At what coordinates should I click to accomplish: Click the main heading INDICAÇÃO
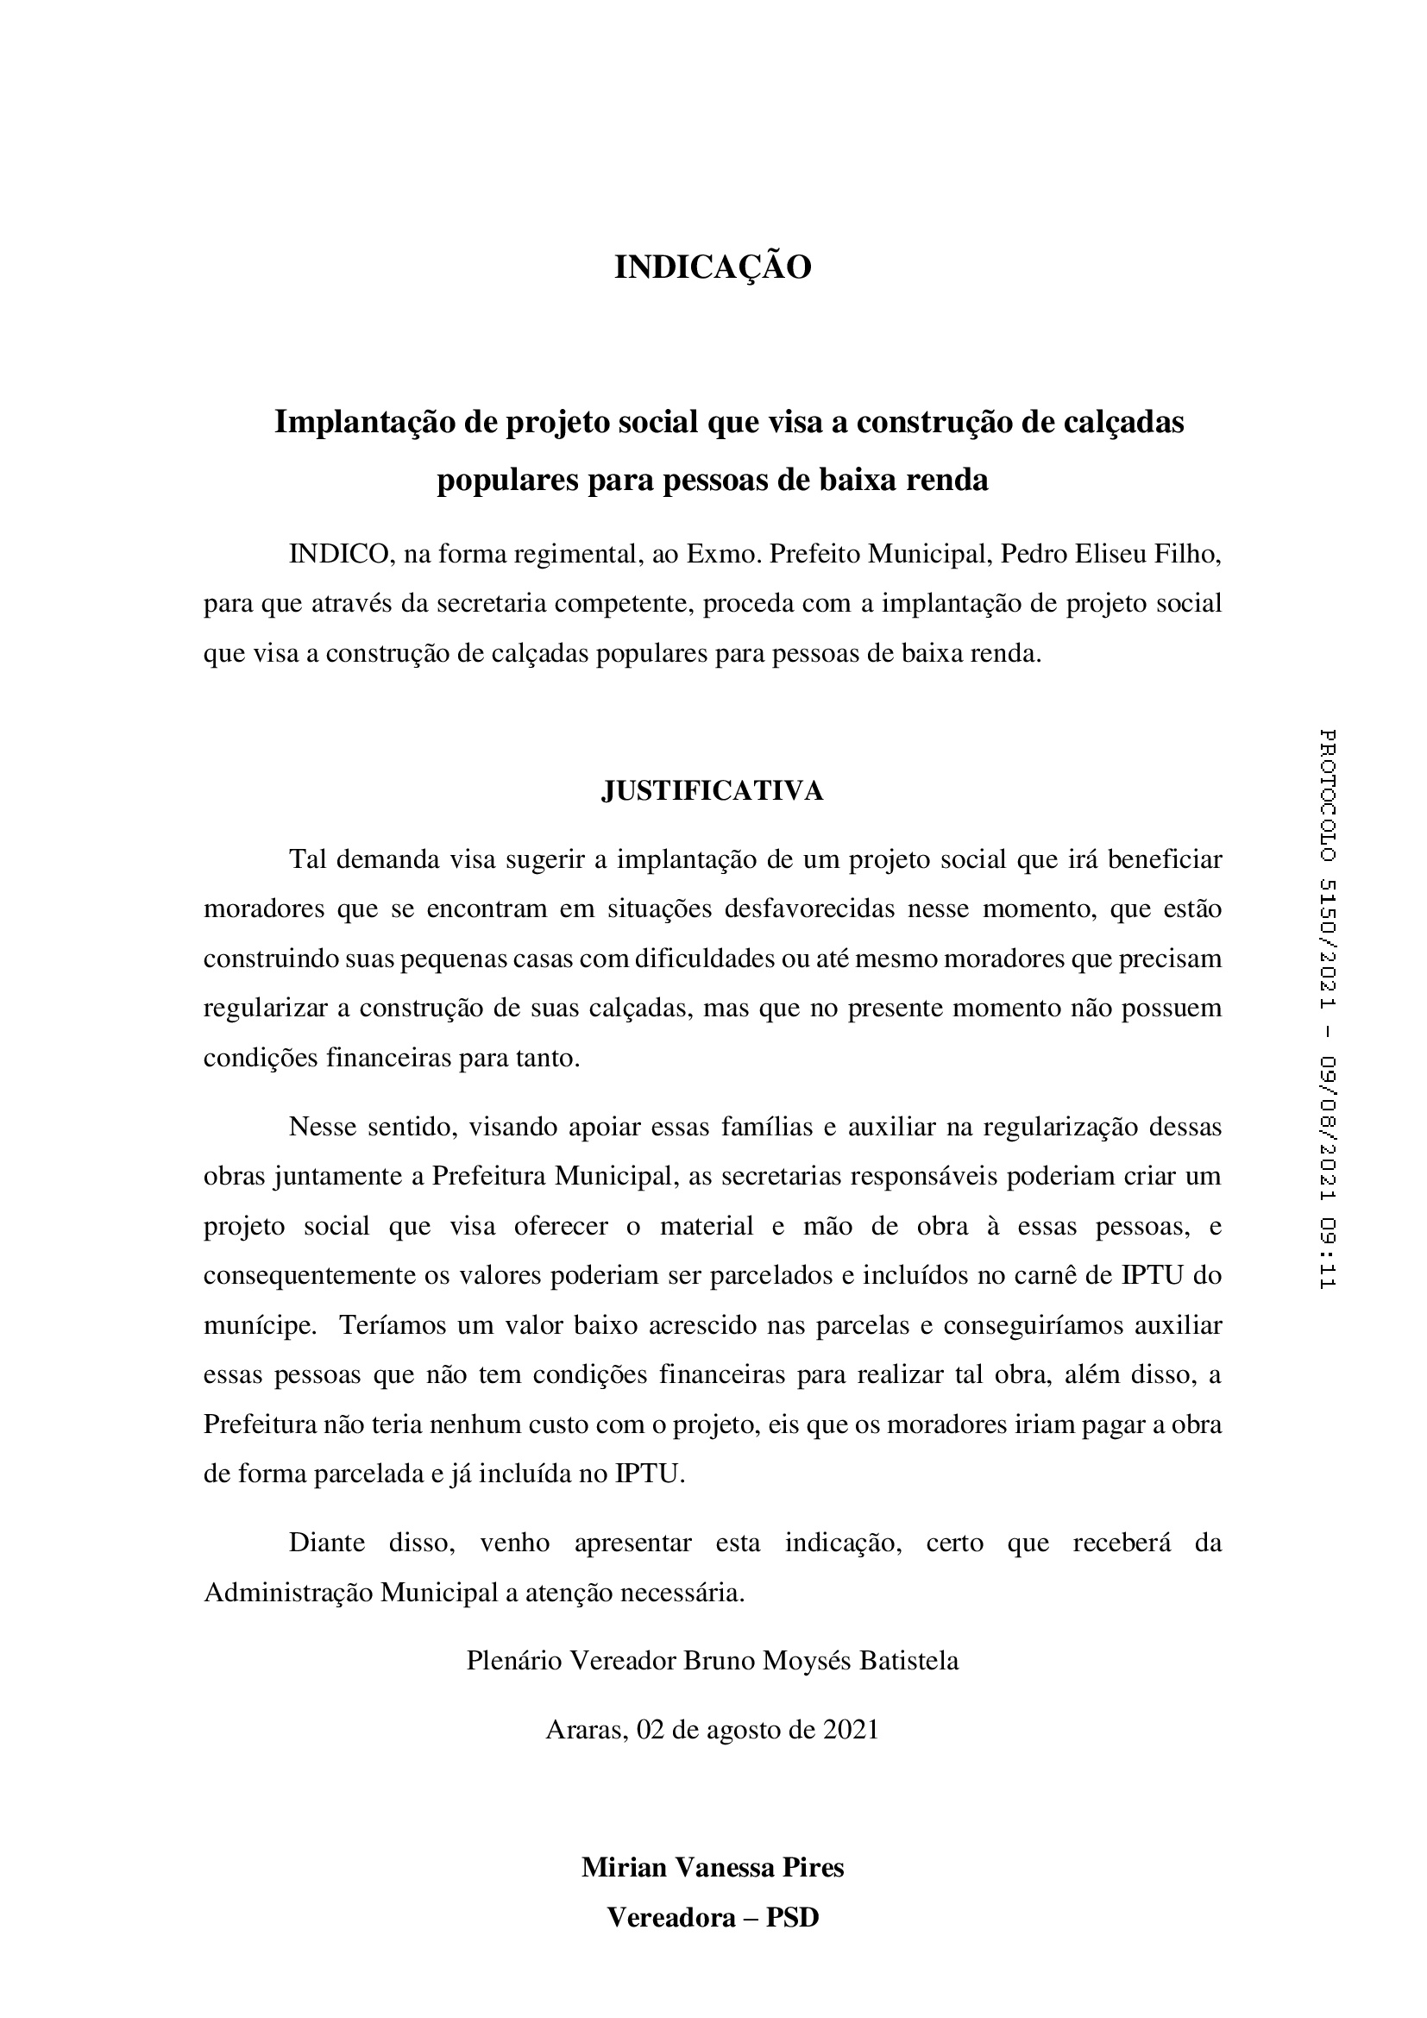(x=713, y=268)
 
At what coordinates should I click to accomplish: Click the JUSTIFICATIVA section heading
(x=713, y=791)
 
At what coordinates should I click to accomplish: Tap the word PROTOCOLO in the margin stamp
(x=1327, y=795)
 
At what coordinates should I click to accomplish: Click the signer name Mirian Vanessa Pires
(x=713, y=1867)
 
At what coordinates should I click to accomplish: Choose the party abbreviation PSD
(x=793, y=1917)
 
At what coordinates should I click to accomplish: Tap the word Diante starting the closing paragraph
(x=327, y=1543)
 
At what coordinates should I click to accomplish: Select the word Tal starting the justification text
(x=306, y=858)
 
